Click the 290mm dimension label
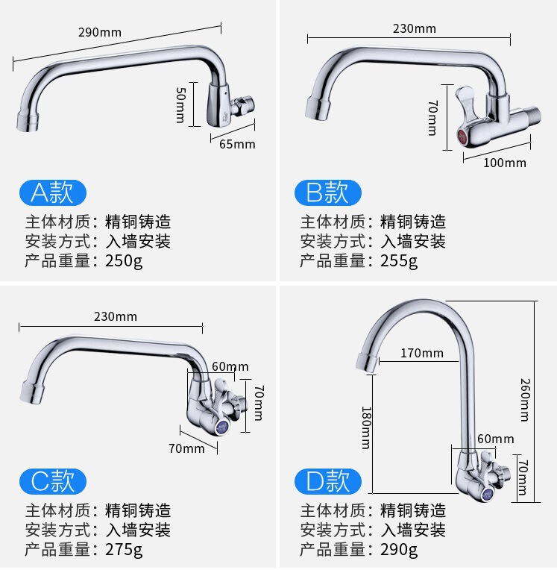pyautogui.click(x=99, y=33)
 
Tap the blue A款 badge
pyautogui.click(x=52, y=192)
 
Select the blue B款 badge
pyautogui.click(x=327, y=192)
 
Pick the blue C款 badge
pyautogui.click(x=52, y=481)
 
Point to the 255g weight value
pyautogui.click(x=399, y=261)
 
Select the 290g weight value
pyautogui.click(x=399, y=550)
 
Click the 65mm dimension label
pyautogui.click(x=237, y=143)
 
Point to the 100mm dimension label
pyautogui.click(x=505, y=163)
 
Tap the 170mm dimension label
pyautogui.click(x=421, y=353)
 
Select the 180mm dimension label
pyautogui.click(x=365, y=427)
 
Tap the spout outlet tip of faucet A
pyautogui.click(x=27, y=122)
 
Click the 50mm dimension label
pyautogui.click(x=180, y=104)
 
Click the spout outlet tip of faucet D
pyautogui.click(x=366, y=363)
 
